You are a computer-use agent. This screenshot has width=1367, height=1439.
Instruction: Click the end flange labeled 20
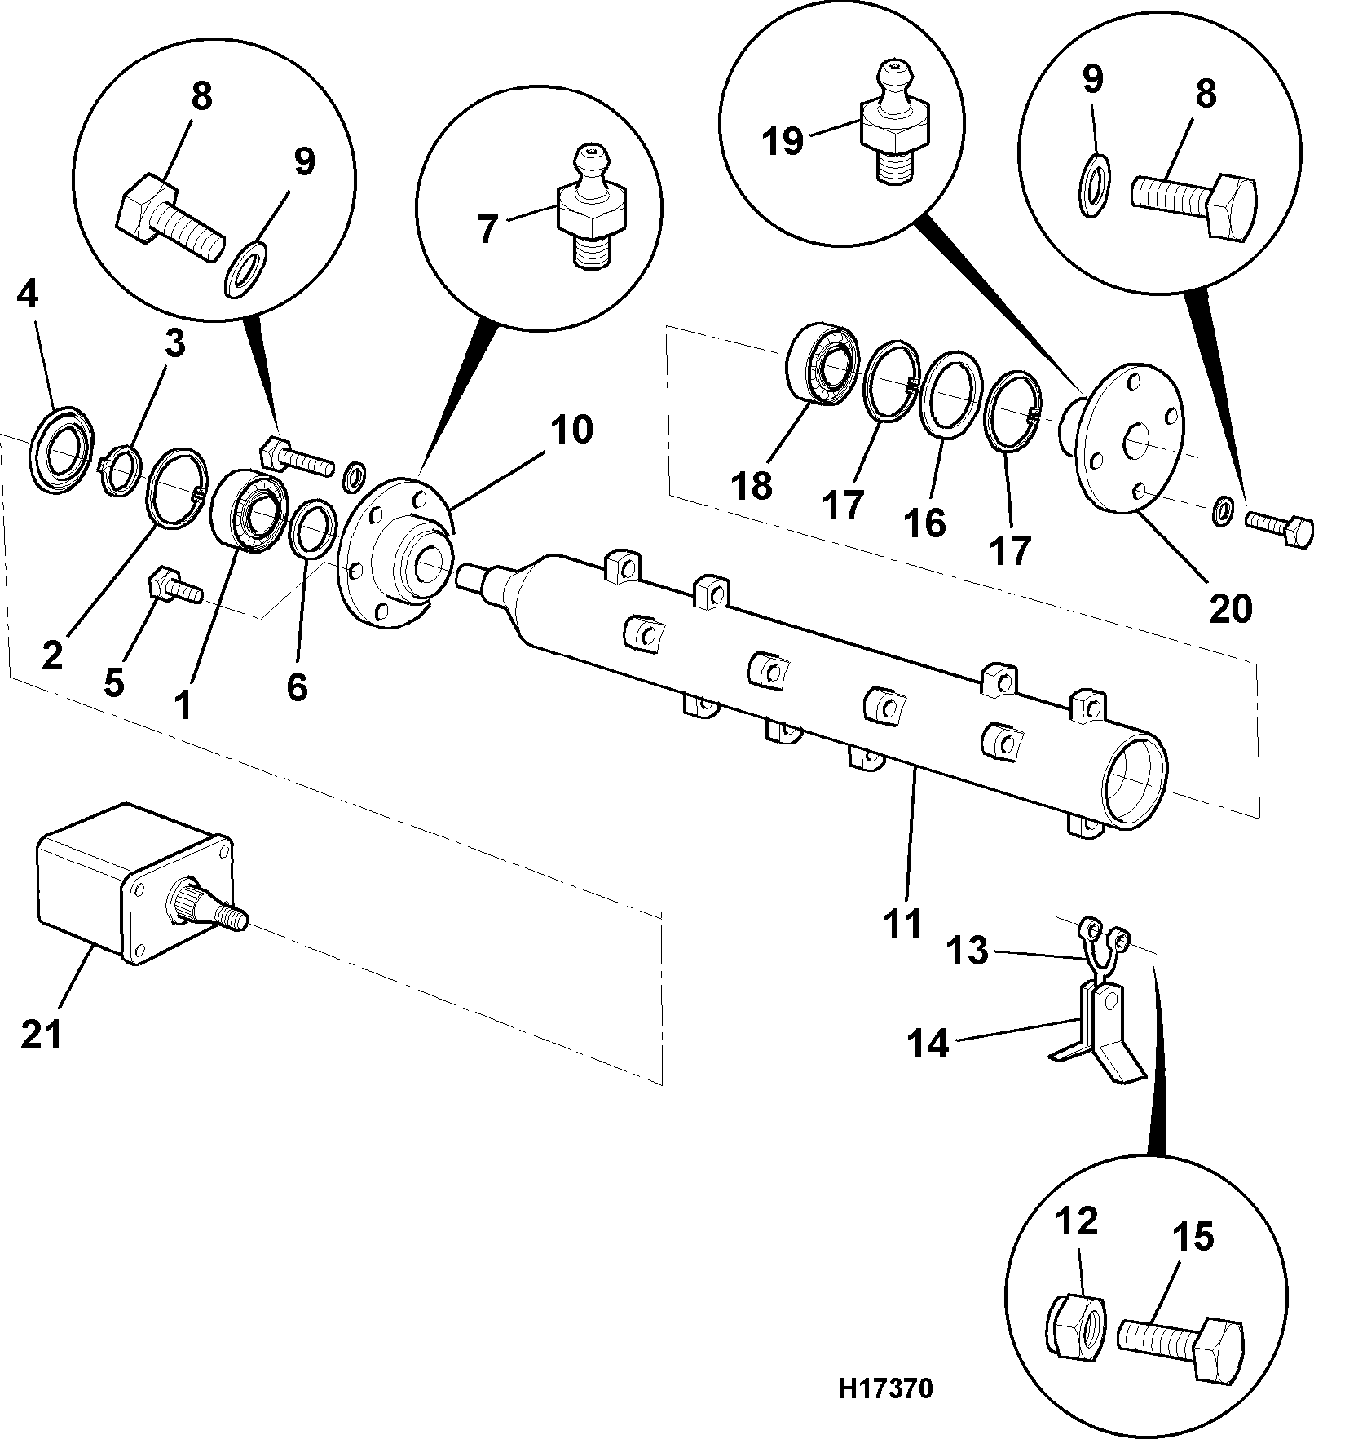tap(1129, 438)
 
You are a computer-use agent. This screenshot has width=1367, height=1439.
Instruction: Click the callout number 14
tap(929, 1043)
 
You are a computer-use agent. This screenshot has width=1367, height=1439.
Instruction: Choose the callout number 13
tap(968, 950)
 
